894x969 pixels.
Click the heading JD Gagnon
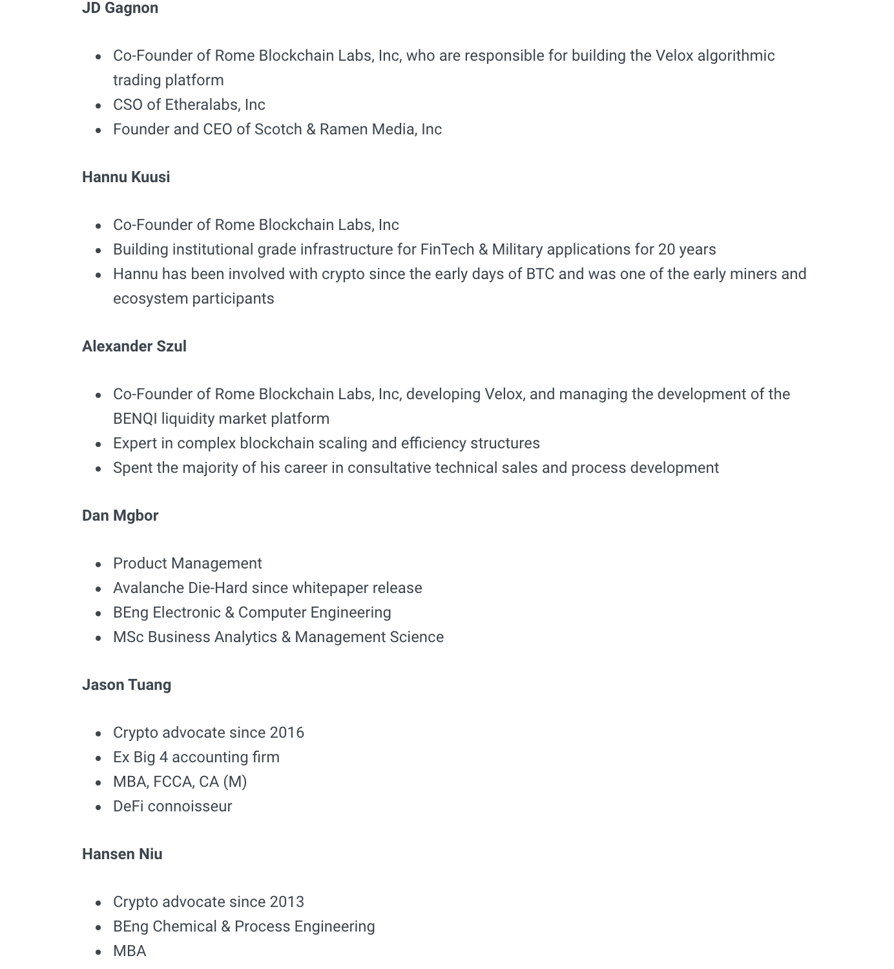(x=120, y=8)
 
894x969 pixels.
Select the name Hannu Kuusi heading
(x=126, y=177)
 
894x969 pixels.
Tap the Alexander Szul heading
(x=134, y=346)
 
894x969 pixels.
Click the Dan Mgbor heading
(x=120, y=516)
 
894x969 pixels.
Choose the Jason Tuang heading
(x=127, y=685)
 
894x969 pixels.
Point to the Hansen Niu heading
(x=122, y=854)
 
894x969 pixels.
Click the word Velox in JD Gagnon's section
(x=674, y=56)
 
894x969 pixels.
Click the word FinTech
(x=447, y=249)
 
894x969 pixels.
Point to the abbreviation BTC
(x=540, y=274)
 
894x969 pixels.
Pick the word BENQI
(x=135, y=419)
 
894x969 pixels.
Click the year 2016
(x=287, y=733)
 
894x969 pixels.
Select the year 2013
(x=287, y=902)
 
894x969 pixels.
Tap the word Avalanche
(x=148, y=588)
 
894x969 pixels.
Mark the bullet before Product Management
(x=98, y=564)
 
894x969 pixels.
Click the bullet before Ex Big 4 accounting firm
(x=98, y=758)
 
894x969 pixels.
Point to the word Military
(x=517, y=249)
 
